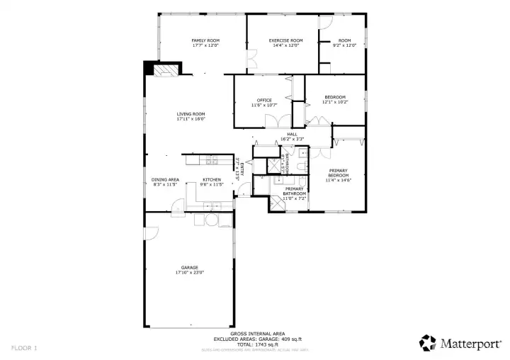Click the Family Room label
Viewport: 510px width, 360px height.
pos(205,40)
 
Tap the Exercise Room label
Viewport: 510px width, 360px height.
pos(285,40)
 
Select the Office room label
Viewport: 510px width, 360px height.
pos(264,100)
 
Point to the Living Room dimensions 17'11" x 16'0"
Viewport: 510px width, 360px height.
pos(191,119)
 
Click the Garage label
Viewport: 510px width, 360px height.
pos(189,267)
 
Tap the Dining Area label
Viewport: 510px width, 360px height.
pos(165,179)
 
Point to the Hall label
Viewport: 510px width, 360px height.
pos(292,133)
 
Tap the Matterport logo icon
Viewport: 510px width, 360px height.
pos(427,342)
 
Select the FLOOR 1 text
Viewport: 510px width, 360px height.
pos(24,348)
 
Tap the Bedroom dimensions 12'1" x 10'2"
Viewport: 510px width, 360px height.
pos(335,102)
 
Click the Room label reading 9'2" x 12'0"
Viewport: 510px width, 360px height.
pos(344,45)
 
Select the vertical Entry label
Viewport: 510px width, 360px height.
pos(242,169)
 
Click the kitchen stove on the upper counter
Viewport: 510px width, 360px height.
pos(210,157)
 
